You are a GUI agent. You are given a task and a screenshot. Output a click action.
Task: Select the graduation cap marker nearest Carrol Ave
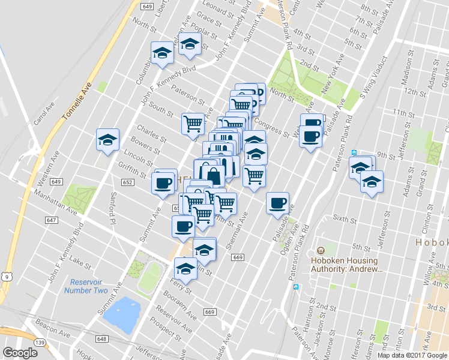[x=107, y=140]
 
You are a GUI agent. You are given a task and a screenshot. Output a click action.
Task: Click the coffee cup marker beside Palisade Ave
[x=277, y=203]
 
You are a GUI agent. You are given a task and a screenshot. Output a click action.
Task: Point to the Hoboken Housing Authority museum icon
[x=320, y=251]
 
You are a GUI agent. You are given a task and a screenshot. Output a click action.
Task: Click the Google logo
[x=20, y=353]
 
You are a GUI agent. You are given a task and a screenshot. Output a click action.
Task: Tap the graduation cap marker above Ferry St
[x=185, y=269]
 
